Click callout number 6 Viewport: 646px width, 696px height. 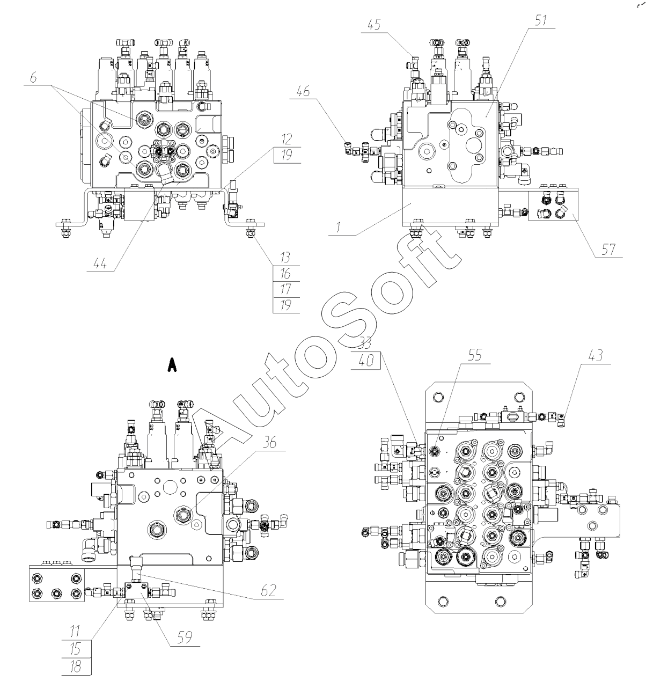(x=33, y=78)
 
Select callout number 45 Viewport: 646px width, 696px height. (x=374, y=25)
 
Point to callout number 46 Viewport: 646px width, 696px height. (x=303, y=91)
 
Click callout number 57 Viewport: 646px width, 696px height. (x=608, y=250)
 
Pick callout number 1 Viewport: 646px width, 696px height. (x=338, y=228)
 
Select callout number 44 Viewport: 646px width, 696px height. (x=100, y=263)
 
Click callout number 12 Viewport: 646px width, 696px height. (x=287, y=140)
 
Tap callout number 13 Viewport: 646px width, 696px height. (x=285, y=258)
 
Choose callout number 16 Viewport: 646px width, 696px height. (x=285, y=273)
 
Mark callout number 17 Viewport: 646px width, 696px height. (x=285, y=289)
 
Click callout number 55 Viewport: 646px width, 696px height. (x=475, y=355)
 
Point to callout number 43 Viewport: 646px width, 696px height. (x=596, y=355)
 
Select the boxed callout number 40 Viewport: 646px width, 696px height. (x=366, y=361)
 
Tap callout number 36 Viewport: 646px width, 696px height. (x=269, y=443)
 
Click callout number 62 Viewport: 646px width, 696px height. (x=268, y=590)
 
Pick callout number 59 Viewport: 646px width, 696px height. (x=185, y=638)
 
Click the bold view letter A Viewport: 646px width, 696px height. (x=172, y=365)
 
